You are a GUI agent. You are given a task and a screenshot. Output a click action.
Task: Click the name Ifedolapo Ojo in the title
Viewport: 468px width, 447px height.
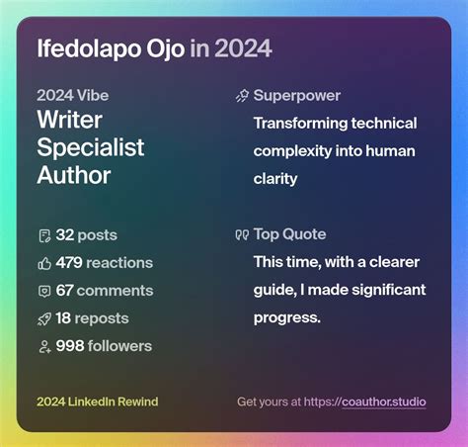pos(109,48)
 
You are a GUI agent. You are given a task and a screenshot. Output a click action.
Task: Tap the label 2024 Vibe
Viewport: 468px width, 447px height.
pos(73,96)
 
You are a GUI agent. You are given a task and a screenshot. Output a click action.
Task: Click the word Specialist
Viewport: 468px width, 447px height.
pos(91,148)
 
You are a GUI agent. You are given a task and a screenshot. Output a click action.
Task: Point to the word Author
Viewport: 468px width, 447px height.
pos(74,175)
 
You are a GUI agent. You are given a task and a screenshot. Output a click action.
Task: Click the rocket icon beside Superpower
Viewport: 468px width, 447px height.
pos(241,96)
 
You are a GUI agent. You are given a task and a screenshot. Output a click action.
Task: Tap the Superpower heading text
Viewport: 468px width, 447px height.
pos(296,96)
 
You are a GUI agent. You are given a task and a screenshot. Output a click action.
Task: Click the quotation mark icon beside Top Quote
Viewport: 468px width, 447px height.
pos(241,234)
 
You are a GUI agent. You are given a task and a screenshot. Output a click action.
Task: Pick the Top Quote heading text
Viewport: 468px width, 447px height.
pos(289,234)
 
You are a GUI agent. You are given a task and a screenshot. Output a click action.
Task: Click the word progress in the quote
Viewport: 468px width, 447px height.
pos(284,317)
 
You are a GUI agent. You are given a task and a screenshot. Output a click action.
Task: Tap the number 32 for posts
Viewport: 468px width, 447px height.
pos(65,235)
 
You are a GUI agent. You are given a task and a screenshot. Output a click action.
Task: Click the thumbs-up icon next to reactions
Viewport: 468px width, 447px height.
pos(43,263)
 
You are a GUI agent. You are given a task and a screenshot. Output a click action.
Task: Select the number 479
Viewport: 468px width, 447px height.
pos(69,263)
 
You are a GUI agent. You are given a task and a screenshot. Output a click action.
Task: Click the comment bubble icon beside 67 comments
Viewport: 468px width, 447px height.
pos(43,291)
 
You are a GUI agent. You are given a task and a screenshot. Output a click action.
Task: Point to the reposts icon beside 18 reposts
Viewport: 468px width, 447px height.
pos(43,318)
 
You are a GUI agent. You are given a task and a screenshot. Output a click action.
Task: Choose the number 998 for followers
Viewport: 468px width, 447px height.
pos(70,346)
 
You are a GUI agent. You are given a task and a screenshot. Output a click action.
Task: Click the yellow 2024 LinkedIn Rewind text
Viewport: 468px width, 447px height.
pos(97,402)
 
